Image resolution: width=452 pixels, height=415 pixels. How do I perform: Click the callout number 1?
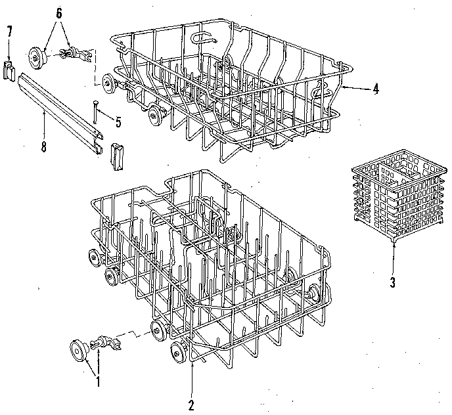pyautogui.click(x=99, y=379)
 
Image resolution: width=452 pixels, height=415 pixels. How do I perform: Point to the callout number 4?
pyautogui.click(x=375, y=89)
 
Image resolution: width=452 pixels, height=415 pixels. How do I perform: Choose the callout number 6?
pyautogui.click(x=58, y=13)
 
